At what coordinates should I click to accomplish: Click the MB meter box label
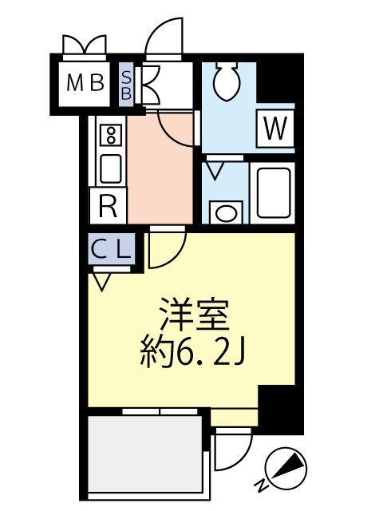(85, 82)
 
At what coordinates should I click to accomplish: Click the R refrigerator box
(109, 208)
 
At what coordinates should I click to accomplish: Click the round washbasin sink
(227, 213)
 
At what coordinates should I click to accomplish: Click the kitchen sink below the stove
(109, 168)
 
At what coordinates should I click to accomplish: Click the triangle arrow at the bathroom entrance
(215, 170)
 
